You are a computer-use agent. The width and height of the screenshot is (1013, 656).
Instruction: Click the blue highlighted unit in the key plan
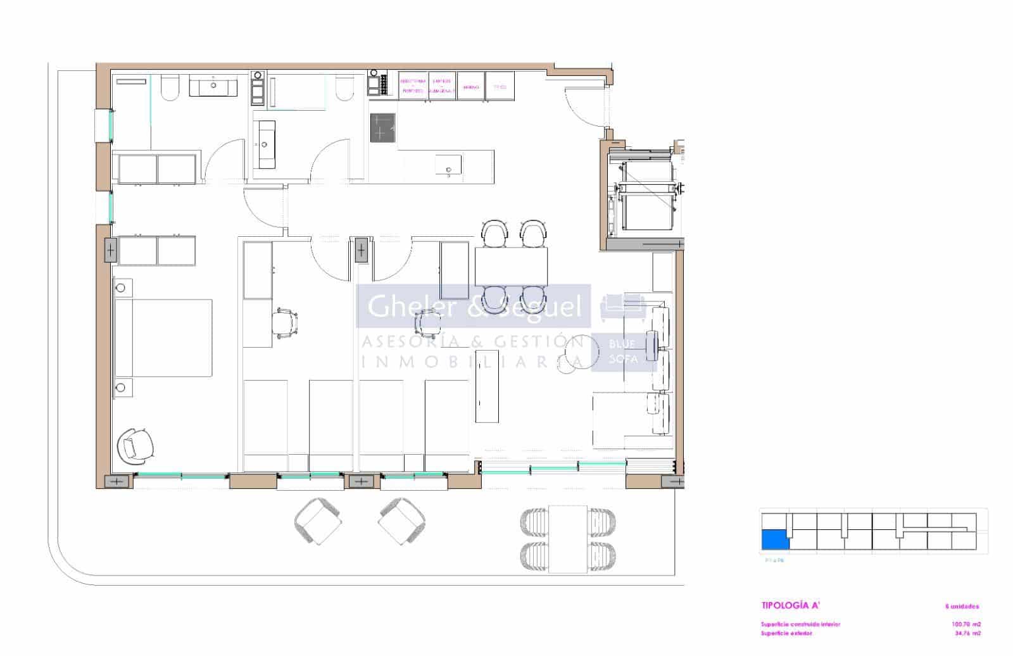point(775,539)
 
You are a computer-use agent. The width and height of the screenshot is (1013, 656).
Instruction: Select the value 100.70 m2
point(966,624)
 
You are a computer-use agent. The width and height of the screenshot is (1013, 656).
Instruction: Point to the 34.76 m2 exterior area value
point(966,633)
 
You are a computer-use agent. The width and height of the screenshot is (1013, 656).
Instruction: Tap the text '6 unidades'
point(961,606)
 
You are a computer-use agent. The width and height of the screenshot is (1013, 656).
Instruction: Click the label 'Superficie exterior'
point(786,633)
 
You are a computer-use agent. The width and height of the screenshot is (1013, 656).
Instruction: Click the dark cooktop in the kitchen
point(382,127)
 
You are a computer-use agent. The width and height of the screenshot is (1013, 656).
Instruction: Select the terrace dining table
point(568,539)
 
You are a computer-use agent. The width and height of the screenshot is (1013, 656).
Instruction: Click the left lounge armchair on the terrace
point(318,520)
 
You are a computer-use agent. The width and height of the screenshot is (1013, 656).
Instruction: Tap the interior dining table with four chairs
point(512,266)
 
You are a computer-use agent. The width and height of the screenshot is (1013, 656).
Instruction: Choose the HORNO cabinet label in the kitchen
point(470,87)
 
